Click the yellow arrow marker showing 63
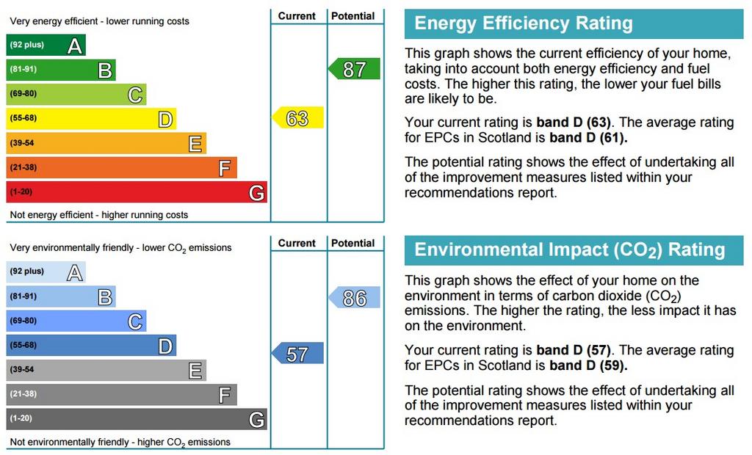coord(298,118)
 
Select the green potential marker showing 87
coord(354,69)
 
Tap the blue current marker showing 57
coord(298,354)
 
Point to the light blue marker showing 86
coord(354,298)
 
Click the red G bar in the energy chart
coord(137,192)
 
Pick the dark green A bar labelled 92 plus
coord(46,45)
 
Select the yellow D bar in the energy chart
coord(91,118)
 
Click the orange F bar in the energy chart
coord(121,167)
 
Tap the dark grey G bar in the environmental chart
coord(137,418)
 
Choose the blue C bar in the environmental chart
coord(76,321)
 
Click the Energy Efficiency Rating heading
coord(524,23)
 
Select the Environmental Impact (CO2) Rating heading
coord(570,250)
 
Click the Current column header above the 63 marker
coord(297,16)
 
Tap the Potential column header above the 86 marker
coord(353,243)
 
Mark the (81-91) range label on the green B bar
coord(23,69)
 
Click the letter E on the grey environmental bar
coord(195,371)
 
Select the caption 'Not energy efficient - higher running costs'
coord(99,215)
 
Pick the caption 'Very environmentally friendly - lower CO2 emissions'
coord(121,248)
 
